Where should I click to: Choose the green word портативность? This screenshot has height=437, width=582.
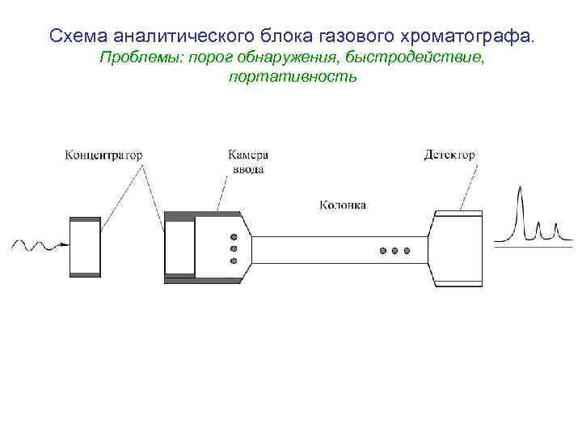292,78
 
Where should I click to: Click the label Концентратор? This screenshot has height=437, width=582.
103,155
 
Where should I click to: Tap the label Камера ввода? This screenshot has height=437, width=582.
247,162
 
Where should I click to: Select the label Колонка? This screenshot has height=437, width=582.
343,205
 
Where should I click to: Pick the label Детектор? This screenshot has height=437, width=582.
449,155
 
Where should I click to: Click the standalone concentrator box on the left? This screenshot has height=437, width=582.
85,247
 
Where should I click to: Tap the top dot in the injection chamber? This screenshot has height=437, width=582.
234,235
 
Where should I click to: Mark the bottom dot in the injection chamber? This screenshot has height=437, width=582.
234,261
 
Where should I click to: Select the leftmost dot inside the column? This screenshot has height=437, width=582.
382,251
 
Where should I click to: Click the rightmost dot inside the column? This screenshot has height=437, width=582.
407,251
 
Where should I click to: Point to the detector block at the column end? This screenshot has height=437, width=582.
458,248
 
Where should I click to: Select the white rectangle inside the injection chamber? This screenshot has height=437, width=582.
179,247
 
